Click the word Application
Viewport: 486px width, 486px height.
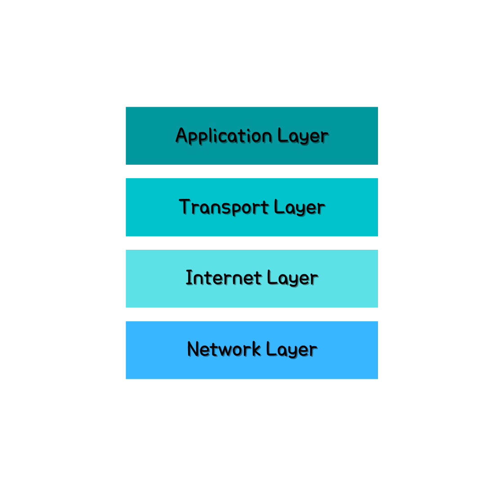click(x=224, y=136)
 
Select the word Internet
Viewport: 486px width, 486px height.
click(x=224, y=278)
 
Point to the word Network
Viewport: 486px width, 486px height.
click(x=224, y=349)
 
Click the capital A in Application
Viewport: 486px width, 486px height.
click(x=181, y=135)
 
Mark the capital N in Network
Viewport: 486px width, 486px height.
click(x=193, y=349)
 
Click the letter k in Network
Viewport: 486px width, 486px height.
click(x=256, y=349)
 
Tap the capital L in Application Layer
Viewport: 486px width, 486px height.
click(x=283, y=135)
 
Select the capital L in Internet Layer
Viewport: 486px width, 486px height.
click(x=272, y=277)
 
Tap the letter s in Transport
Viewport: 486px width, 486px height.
click(x=234, y=208)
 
